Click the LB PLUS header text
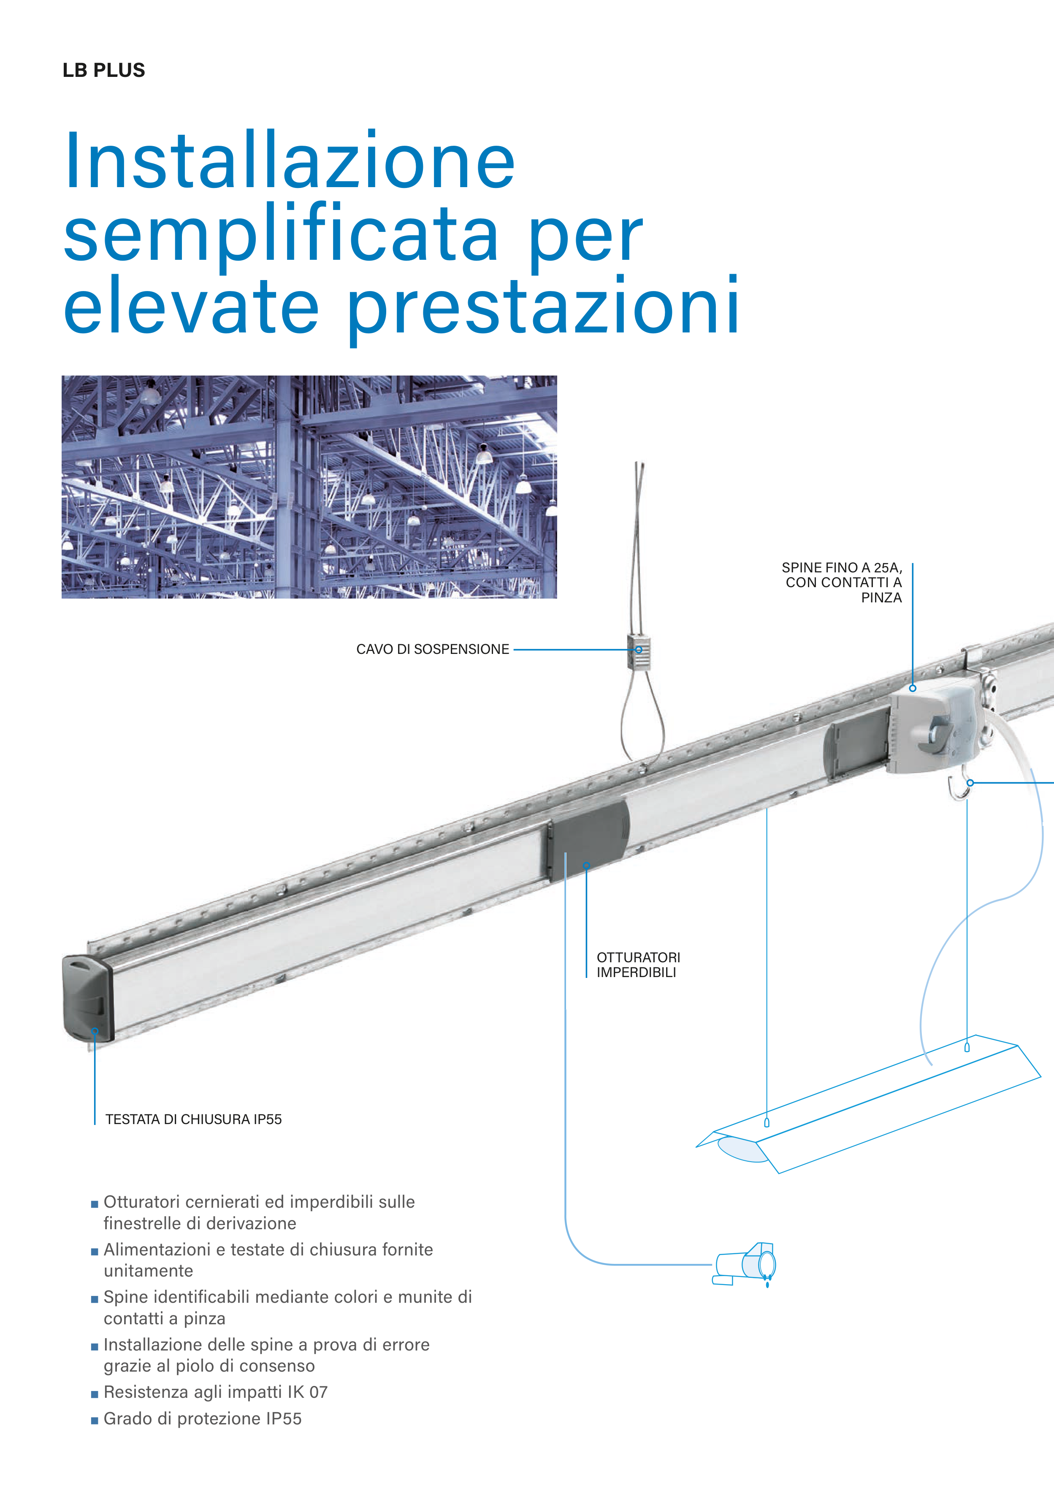click(x=104, y=70)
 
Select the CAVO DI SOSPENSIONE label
click(x=433, y=649)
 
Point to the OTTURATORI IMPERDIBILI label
click(x=638, y=964)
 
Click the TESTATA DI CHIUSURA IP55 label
click(x=193, y=1119)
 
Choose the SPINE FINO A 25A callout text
click(x=842, y=582)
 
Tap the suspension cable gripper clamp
click(x=638, y=651)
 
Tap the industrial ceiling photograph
click(x=309, y=487)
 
